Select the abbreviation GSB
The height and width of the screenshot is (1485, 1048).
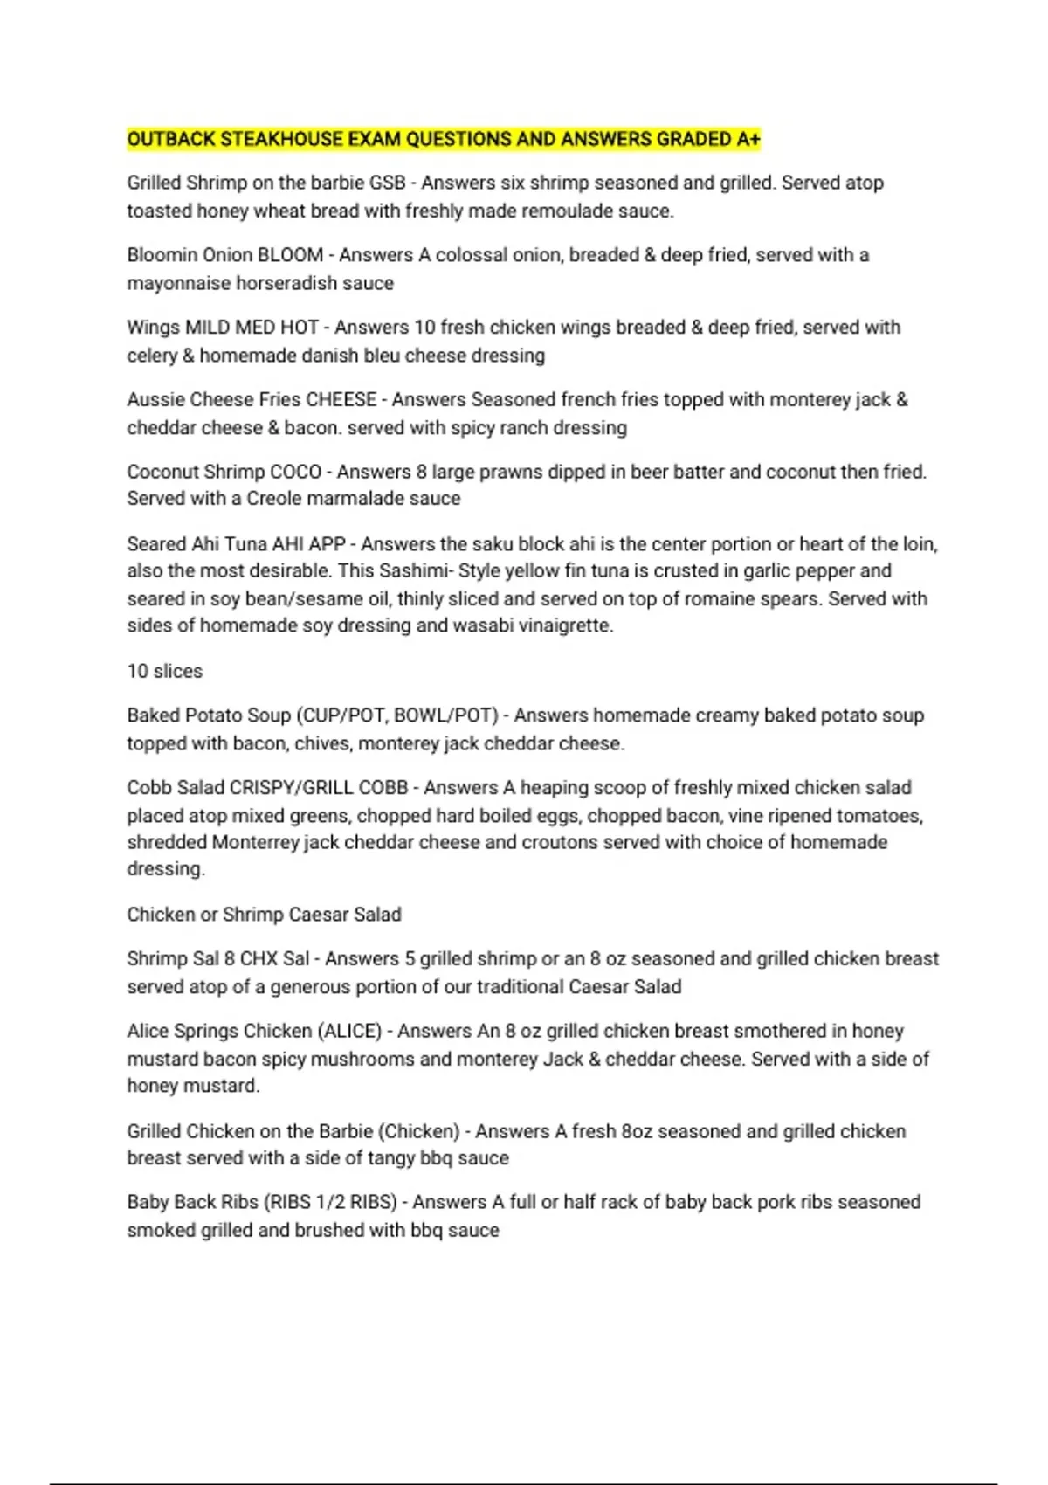388,183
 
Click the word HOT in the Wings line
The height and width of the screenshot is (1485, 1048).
299,327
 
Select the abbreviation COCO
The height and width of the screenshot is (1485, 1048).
296,472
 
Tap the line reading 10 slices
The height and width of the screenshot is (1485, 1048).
165,671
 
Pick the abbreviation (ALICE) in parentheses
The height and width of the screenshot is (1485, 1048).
349,1031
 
